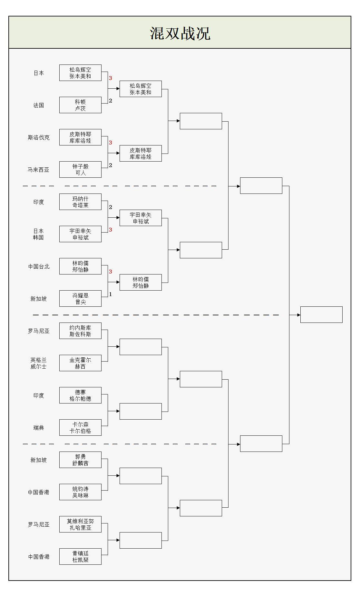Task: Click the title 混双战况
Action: (x=180, y=33)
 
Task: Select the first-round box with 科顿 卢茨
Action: (x=80, y=105)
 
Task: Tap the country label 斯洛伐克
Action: (x=39, y=137)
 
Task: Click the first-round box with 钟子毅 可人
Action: (x=80, y=170)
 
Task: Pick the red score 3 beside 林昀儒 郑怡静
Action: (x=110, y=272)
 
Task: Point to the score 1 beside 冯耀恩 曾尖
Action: (x=110, y=294)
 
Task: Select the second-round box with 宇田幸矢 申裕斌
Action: (x=141, y=218)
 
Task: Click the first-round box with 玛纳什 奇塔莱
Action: (x=80, y=202)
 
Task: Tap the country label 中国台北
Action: (x=39, y=266)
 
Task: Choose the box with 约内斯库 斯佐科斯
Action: (x=80, y=331)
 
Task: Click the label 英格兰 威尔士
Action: (x=39, y=363)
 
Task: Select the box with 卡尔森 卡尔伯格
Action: (x=80, y=428)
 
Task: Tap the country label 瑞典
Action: (x=39, y=428)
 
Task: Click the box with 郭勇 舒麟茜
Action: (x=80, y=460)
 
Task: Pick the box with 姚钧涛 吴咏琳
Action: (x=80, y=492)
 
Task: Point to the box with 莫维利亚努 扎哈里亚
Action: (x=80, y=524)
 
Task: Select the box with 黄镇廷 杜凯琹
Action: (x=80, y=557)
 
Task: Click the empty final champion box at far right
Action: (x=321, y=314)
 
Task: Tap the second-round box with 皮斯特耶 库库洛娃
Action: (x=141, y=154)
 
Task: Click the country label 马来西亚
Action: (x=39, y=170)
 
